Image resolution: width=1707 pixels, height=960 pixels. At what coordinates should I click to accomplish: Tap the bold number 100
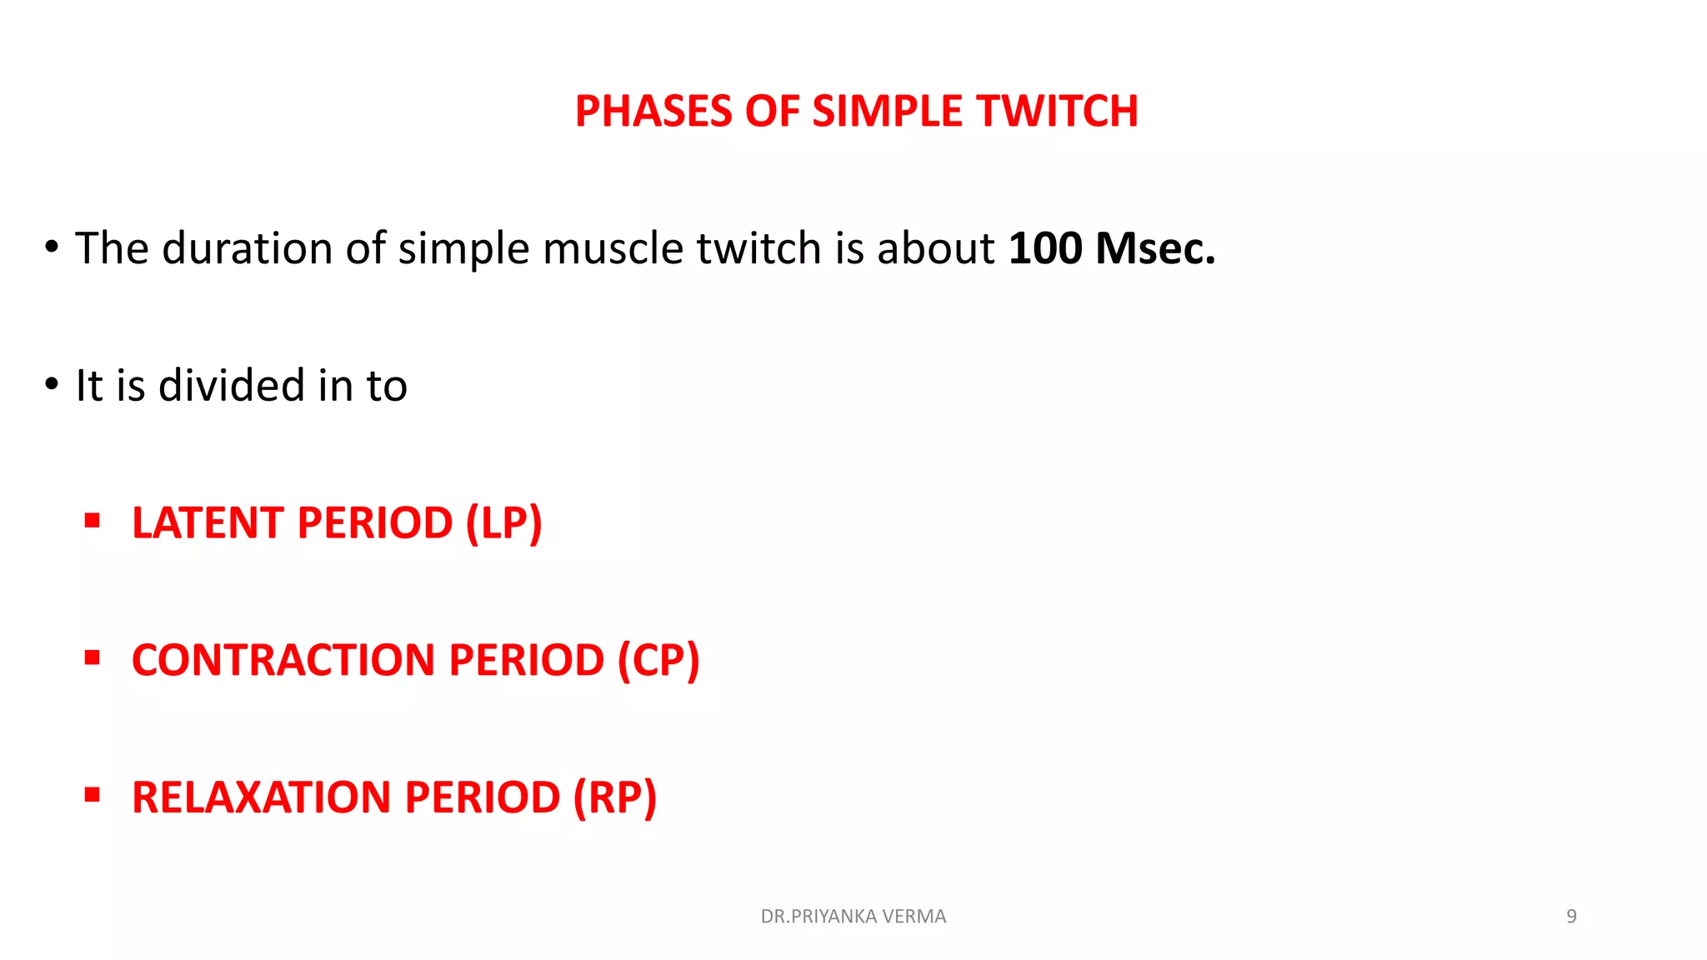point(1045,248)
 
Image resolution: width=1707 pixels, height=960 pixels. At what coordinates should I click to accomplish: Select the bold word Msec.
point(1155,248)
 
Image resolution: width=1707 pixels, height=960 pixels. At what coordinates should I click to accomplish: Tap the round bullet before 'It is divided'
point(52,385)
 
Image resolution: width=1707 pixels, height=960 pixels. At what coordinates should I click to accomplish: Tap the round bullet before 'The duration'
point(52,247)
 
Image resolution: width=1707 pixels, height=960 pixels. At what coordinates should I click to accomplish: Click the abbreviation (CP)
point(658,660)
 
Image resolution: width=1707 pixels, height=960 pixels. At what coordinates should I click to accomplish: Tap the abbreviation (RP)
point(615,797)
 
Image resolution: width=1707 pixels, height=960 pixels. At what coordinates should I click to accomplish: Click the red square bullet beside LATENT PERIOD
point(93,522)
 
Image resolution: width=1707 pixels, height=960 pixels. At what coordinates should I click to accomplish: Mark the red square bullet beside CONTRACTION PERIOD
point(93,658)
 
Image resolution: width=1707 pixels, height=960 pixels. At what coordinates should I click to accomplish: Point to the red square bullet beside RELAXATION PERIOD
point(93,796)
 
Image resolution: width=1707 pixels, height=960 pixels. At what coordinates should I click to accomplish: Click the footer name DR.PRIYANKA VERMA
point(853,917)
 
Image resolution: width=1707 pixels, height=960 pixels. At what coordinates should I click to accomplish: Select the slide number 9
point(1571,917)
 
